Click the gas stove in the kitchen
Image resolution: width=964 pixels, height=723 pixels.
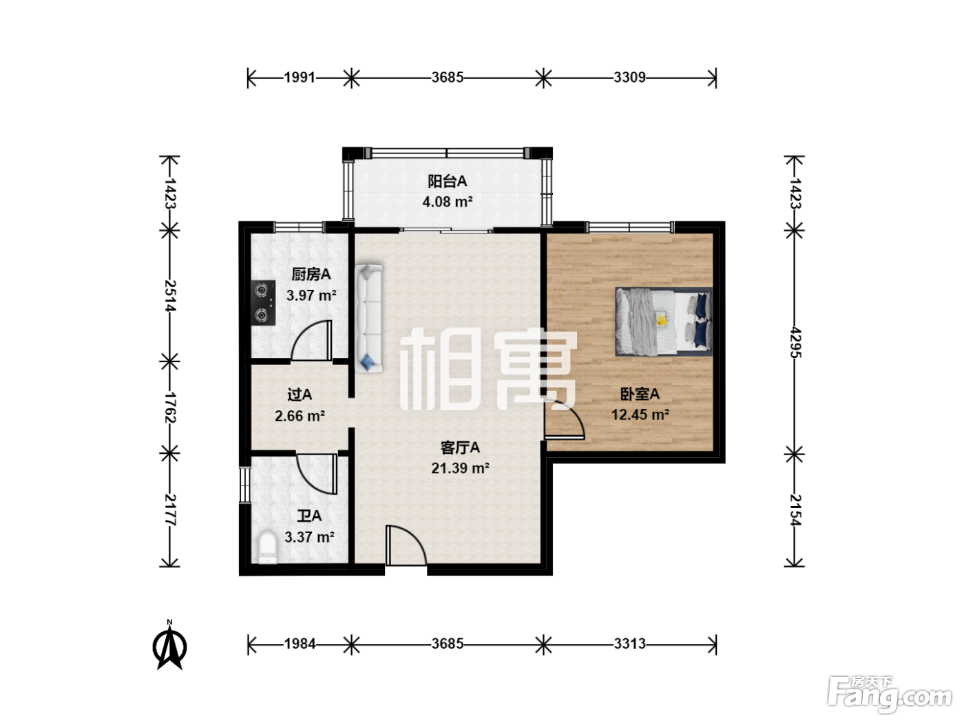click(x=263, y=303)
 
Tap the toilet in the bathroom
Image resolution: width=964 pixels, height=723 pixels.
click(x=267, y=547)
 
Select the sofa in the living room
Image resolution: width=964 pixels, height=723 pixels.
click(x=368, y=318)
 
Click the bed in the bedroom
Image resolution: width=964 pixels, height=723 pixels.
click(x=663, y=322)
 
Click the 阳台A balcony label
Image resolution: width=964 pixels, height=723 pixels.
click(x=447, y=181)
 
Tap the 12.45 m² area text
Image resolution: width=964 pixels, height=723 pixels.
click(x=640, y=415)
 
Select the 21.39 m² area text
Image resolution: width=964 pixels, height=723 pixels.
click(x=460, y=468)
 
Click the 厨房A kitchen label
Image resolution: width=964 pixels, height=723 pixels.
click(x=311, y=274)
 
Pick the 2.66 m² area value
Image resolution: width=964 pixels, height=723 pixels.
click(x=300, y=415)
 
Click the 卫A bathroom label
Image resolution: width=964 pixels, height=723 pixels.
click(x=309, y=516)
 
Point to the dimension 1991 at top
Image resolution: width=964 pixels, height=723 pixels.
click(x=300, y=78)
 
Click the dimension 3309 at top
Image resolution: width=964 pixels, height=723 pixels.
click(x=630, y=78)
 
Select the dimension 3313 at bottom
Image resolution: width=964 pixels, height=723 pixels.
click(x=630, y=644)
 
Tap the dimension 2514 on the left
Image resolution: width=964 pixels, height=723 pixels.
click(x=169, y=295)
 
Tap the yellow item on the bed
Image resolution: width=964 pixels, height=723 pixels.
click(x=661, y=319)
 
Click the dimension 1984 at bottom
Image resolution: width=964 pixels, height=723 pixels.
click(x=300, y=644)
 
